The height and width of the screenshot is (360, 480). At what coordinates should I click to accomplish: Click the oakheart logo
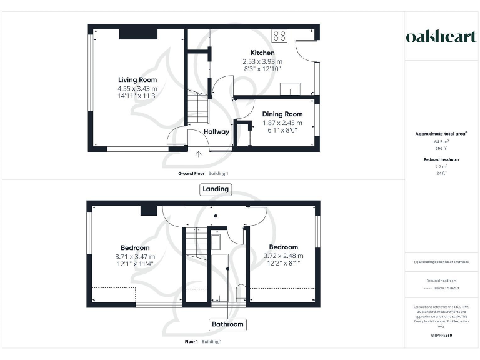(x=441, y=37)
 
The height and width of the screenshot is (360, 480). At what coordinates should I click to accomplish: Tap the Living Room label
(x=137, y=80)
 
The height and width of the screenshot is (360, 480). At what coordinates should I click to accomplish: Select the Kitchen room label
(x=262, y=52)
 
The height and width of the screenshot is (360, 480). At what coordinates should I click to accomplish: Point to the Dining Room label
(x=282, y=114)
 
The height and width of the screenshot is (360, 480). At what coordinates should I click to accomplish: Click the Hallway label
(x=217, y=132)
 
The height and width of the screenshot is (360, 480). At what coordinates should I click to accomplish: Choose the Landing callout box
(x=215, y=189)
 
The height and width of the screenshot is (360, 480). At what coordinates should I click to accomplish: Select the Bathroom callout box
(x=227, y=324)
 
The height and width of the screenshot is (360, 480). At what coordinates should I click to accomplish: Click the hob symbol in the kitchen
(x=279, y=36)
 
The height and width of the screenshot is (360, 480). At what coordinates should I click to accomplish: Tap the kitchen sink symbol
(x=289, y=88)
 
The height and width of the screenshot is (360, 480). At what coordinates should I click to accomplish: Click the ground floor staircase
(x=197, y=107)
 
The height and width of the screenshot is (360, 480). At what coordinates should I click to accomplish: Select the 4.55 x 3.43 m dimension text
(x=137, y=88)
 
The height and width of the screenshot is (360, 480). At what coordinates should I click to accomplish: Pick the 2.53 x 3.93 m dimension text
(x=262, y=61)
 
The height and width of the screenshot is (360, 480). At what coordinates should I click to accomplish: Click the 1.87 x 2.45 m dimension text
(x=282, y=122)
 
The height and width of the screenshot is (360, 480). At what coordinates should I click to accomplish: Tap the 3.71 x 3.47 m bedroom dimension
(x=136, y=256)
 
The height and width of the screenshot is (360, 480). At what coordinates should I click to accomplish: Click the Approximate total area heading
(x=442, y=134)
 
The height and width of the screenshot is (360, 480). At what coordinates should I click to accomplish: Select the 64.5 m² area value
(x=442, y=142)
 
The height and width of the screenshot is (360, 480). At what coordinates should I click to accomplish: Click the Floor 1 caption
(x=191, y=342)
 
